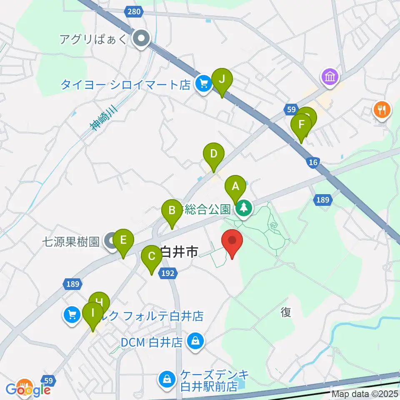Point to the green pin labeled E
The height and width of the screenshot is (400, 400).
[x=123, y=240]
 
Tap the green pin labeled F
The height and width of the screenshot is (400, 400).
[x=301, y=125]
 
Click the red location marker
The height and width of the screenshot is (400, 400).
[x=232, y=241]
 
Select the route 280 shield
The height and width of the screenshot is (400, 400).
[x=134, y=12]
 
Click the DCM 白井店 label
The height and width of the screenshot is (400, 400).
[x=152, y=342]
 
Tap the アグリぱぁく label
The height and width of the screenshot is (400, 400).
[x=95, y=39]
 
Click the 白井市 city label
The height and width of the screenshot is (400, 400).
[x=178, y=252]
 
